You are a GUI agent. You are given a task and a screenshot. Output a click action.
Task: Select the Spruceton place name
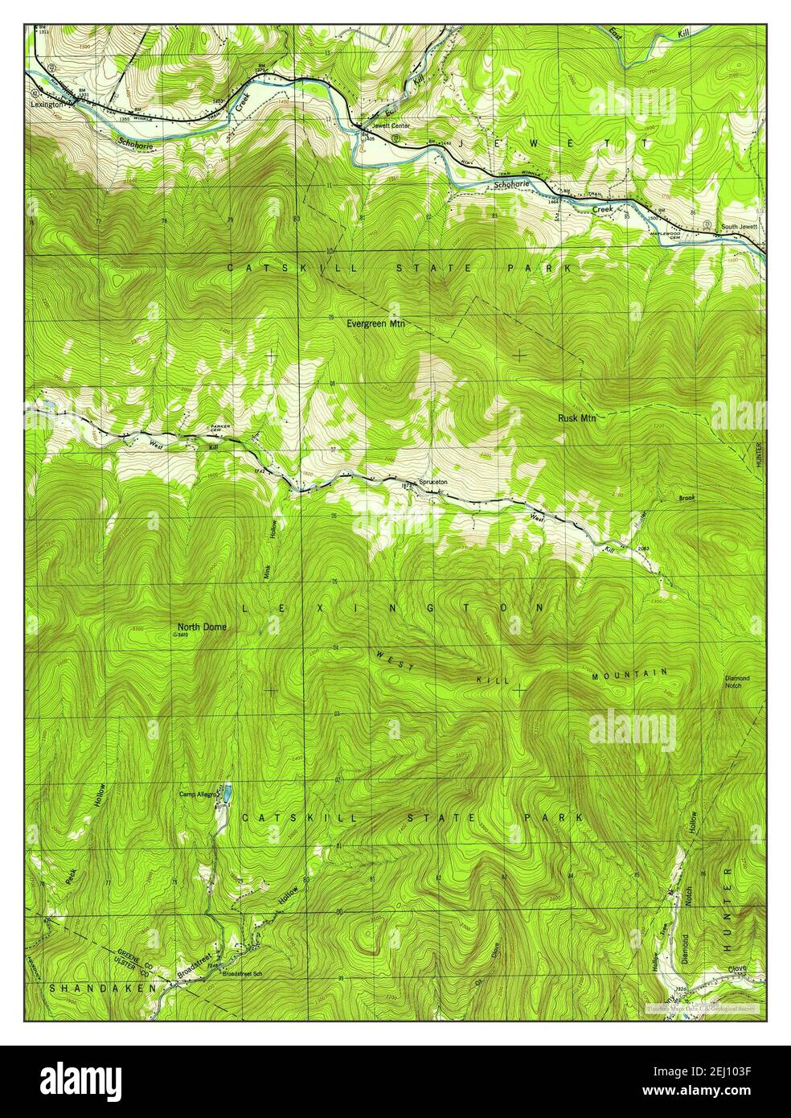pos(432,483)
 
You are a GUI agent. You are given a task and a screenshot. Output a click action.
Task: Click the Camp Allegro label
pos(199,793)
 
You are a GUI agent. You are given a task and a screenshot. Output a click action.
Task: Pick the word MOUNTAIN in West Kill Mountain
pos(632,673)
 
